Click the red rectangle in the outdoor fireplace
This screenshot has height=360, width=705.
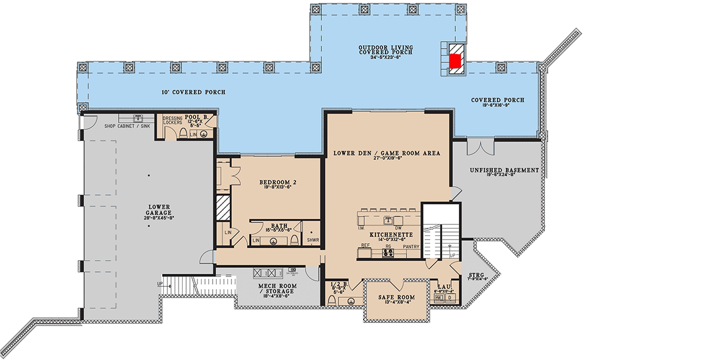pos(455,60)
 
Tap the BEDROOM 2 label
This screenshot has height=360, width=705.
pos(277,183)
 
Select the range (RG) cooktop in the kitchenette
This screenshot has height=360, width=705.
pos(388,254)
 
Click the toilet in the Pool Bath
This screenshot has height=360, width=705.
pos(183,134)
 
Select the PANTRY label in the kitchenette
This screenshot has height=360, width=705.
pos(411,247)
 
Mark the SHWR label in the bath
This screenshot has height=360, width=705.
pos(313,240)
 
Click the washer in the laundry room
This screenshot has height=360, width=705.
pos(439,298)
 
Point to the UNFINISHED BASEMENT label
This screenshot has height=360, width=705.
pos(504,170)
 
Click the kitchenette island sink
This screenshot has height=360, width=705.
pos(388,220)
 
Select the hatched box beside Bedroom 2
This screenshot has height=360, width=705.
pos(223,207)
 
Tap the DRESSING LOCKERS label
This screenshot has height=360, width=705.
pos(173,121)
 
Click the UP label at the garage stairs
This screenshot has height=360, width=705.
pos(160,284)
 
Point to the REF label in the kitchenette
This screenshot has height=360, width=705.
pos(365,245)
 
